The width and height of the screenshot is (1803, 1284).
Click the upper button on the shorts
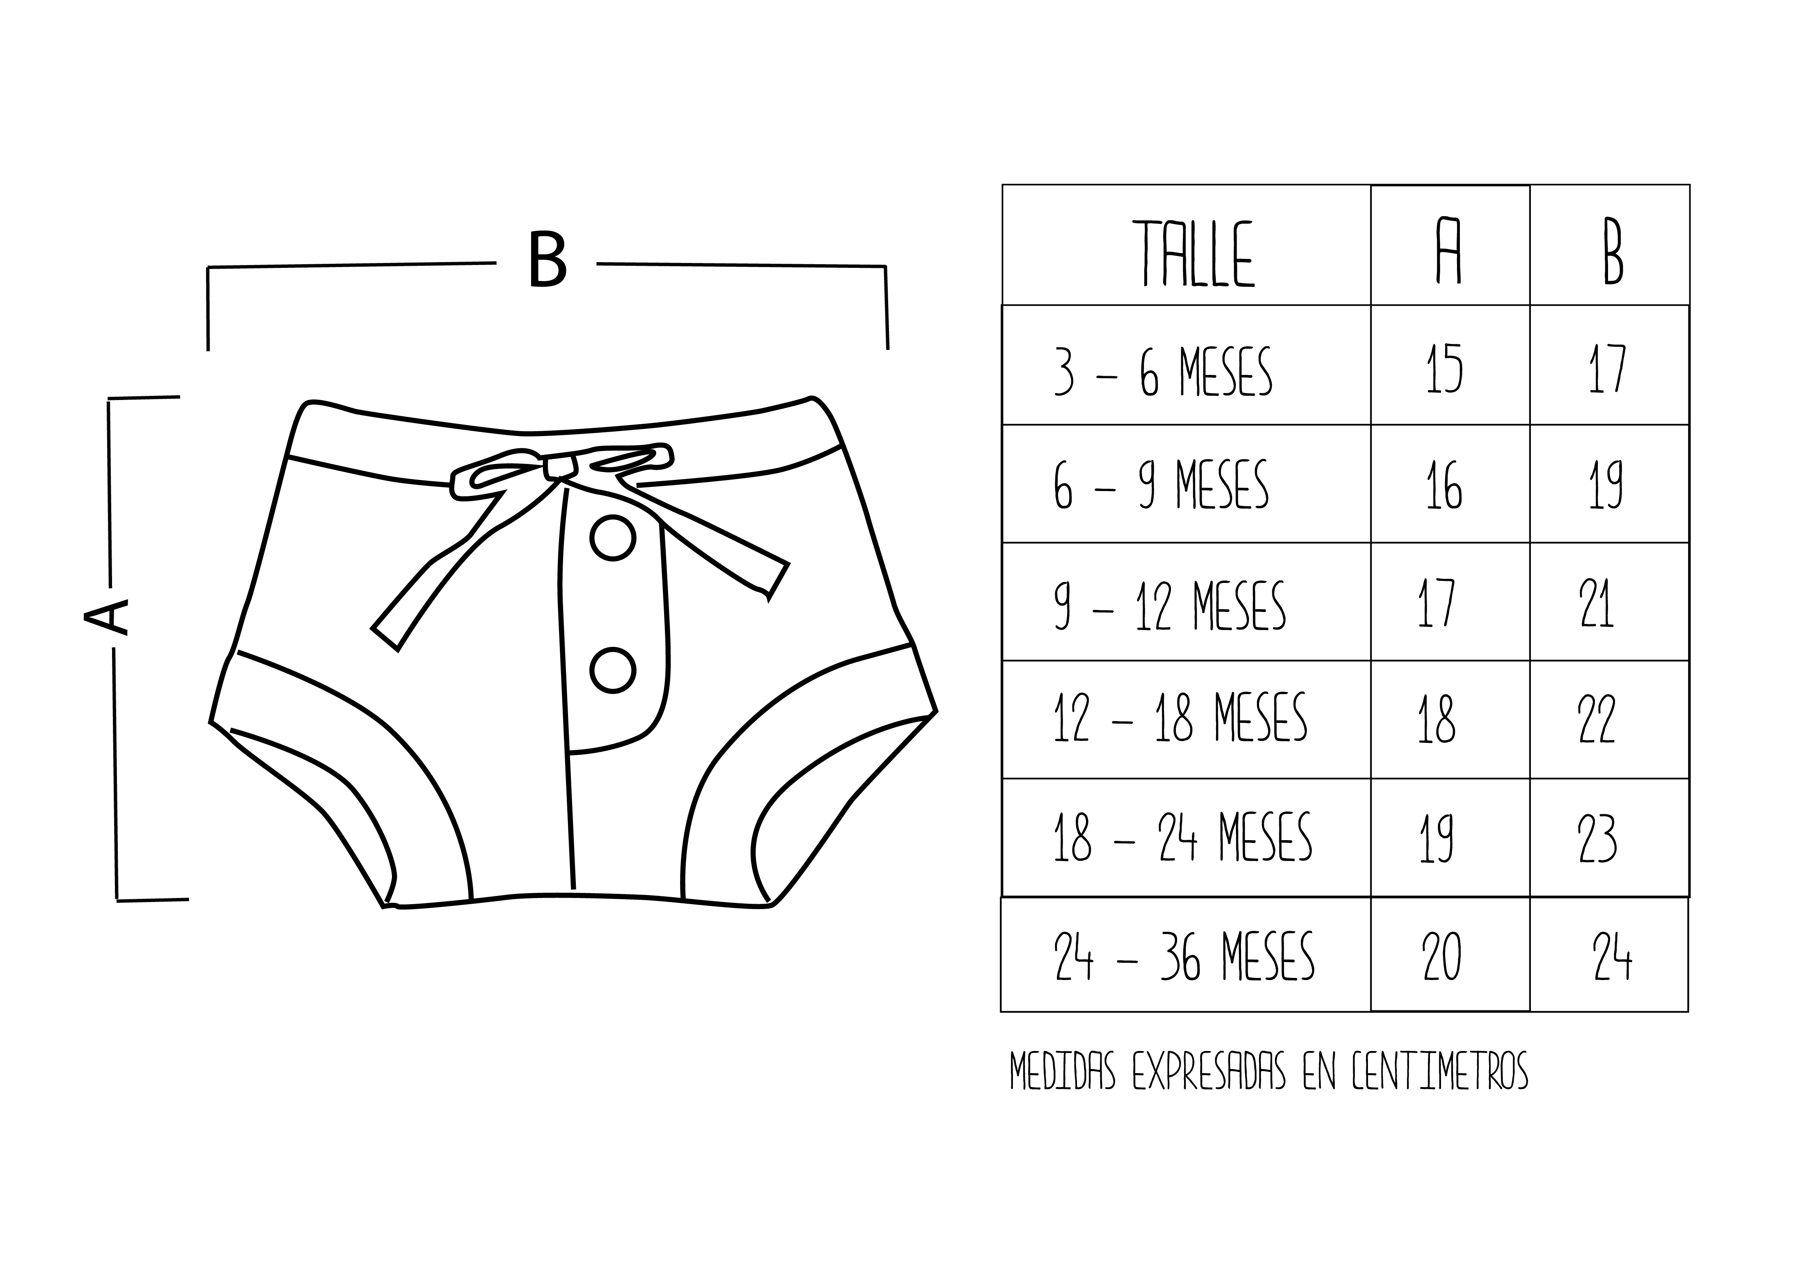pyautogui.click(x=613, y=539)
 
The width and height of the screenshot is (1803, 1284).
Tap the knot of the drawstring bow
pyautogui.click(x=560, y=466)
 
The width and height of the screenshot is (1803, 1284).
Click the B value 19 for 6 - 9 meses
pyautogui.click(x=1605, y=484)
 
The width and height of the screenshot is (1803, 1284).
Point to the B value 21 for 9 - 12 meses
pyautogui.click(x=1597, y=604)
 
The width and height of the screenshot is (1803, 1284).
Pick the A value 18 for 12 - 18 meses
pyautogui.click(x=1436, y=720)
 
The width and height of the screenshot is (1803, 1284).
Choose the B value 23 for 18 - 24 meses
pyautogui.click(x=1597, y=838)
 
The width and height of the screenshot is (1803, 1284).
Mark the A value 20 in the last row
pyautogui.click(x=1441, y=957)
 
